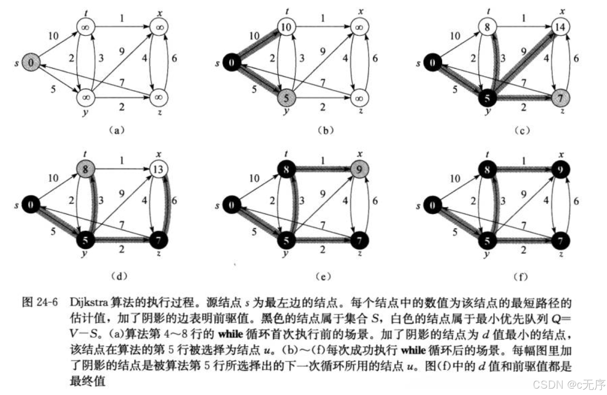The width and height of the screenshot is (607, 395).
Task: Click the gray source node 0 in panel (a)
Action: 30,62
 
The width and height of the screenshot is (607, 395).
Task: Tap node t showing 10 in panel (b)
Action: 286,27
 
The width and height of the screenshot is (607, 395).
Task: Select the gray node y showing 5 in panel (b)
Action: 286,98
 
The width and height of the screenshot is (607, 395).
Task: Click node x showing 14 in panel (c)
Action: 560,27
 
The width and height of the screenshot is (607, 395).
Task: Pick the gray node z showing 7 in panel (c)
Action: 560,98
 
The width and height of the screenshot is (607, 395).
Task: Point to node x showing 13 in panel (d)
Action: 158,169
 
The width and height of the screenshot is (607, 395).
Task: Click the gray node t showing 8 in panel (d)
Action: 85,169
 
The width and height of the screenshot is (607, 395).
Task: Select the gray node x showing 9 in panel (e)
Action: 359,169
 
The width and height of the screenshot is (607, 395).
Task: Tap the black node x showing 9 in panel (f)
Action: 560,169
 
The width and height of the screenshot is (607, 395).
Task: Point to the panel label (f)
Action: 520,276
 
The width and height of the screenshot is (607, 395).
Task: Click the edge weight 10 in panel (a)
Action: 53,36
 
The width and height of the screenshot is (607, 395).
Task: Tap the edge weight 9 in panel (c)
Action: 524,51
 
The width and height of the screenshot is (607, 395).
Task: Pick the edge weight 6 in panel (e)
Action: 375,201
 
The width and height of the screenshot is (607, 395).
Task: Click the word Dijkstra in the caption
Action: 89,303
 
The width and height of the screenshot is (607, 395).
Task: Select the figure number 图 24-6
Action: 40,303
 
